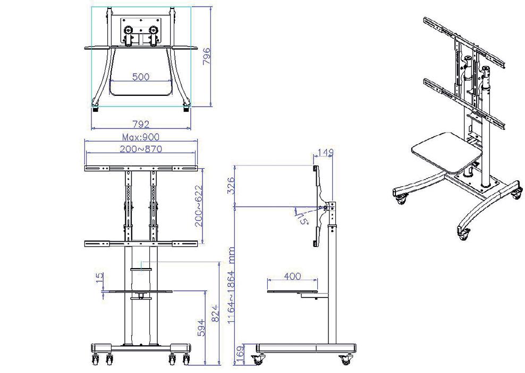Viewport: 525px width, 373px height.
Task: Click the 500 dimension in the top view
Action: point(141,77)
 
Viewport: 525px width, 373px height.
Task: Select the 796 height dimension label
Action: point(207,56)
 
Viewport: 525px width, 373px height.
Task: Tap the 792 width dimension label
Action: point(141,125)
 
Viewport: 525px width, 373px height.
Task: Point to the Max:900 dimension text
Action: point(141,137)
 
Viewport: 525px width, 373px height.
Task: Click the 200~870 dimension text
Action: point(141,149)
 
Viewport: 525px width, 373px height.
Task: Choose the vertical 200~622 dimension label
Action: point(199,206)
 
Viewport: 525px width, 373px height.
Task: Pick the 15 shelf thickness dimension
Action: point(99,277)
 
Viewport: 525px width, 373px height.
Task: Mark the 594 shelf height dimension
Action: point(201,328)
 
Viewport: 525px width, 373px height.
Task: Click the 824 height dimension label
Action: point(215,314)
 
